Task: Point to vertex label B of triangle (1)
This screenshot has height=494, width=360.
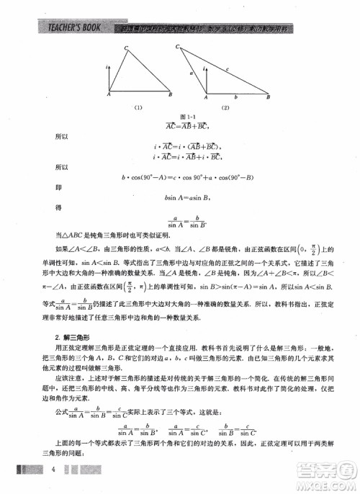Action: [170, 94]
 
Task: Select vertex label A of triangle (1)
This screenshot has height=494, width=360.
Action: [109, 94]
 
